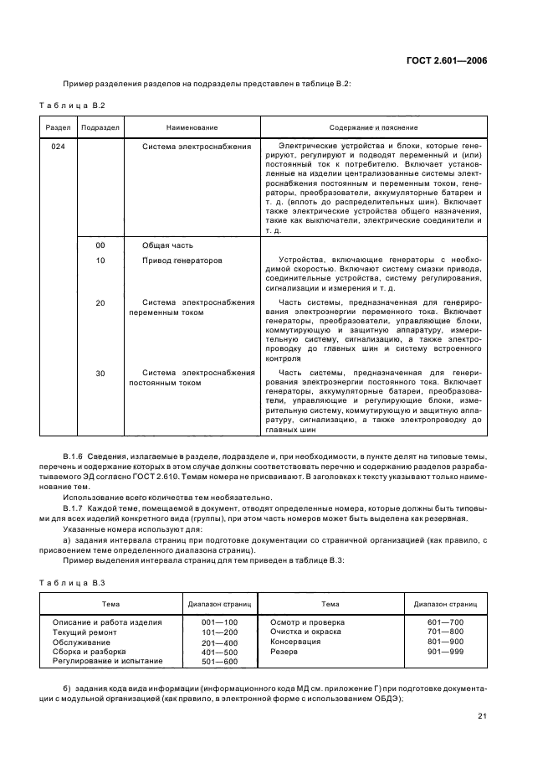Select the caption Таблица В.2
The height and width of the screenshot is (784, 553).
coord(71,105)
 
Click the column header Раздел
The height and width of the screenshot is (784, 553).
coord(57,126)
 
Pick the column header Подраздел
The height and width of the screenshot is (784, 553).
coord(100,126)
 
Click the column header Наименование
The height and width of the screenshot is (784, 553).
coord(192,126)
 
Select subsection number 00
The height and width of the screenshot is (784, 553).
coord(100,245)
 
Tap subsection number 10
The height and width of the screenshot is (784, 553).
coord(100,260)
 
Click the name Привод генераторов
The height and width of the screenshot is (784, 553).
coord(182,260)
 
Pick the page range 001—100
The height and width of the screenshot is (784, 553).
coord(220,622)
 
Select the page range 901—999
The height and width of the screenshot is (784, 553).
coord(444,651)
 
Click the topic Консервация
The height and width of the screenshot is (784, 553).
coord(295,642)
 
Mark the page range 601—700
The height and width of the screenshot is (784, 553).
coord(444,622)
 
